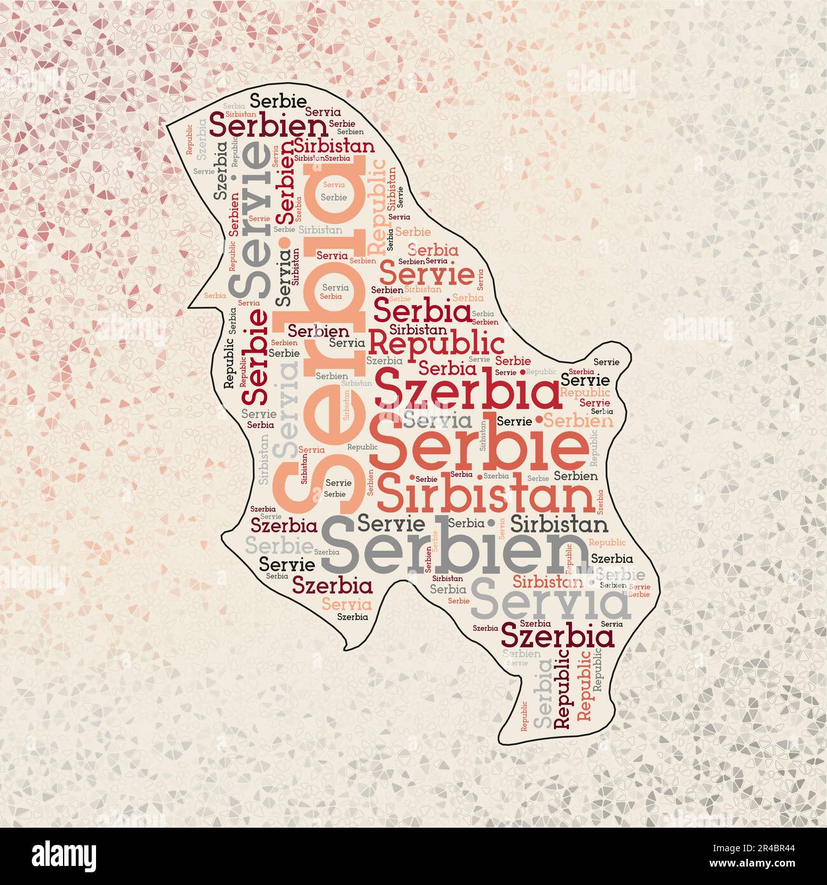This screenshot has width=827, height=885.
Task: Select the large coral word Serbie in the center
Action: click(478, 450)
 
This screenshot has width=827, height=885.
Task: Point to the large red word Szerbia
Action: click(468, 393)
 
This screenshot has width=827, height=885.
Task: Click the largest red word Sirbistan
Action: click(486, 497)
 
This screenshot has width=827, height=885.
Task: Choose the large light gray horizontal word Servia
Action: click(551, 601)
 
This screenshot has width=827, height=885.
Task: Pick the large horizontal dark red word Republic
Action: click(436, 344)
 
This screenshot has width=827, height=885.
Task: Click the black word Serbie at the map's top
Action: click(277, 101)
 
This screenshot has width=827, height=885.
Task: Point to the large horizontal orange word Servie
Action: click(426, 275)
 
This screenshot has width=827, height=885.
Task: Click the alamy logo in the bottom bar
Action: click(65, 855)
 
